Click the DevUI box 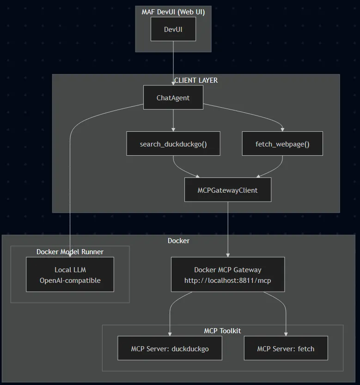[x=173, y=29]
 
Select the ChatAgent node [x=173, y=98]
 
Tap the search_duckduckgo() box [x=173, y=144]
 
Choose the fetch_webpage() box [x=282, y=144]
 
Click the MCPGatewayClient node [x=228, y=190]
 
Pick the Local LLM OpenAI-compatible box [x=70, y=275]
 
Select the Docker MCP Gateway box [x=228, y=275]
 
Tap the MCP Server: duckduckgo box [x=170, y=348]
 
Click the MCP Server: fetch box [x=286, y=348]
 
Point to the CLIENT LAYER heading [x=196, y=80]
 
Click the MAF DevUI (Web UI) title [x=173, y=12]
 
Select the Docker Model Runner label [x=70, y=252]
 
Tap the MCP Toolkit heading [x=222, y=331]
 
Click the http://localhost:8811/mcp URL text [x=228, y=281]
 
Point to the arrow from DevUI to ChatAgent [x=173, y=63]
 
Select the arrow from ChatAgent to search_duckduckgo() [x=173, y=120]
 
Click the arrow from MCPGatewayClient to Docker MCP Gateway [x=228, y=229]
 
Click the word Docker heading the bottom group [x=178, y=241]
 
